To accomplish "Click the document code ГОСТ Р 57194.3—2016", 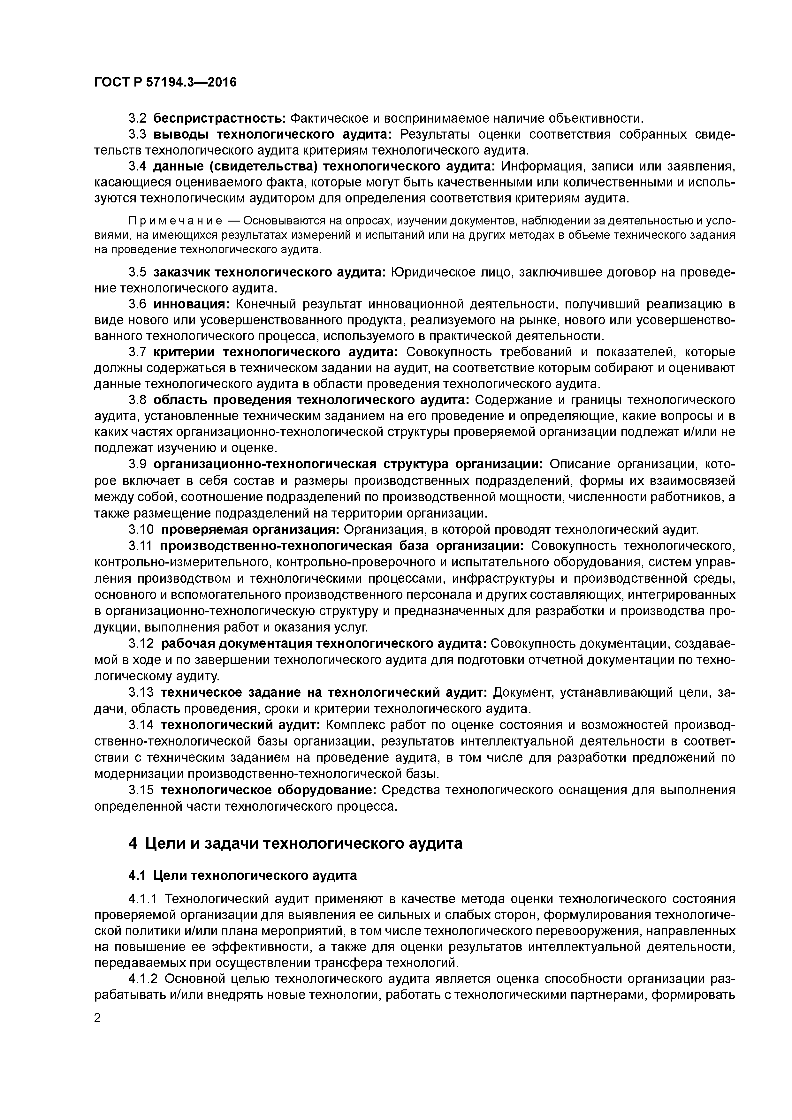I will point(165,82).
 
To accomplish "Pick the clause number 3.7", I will point(137,352).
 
